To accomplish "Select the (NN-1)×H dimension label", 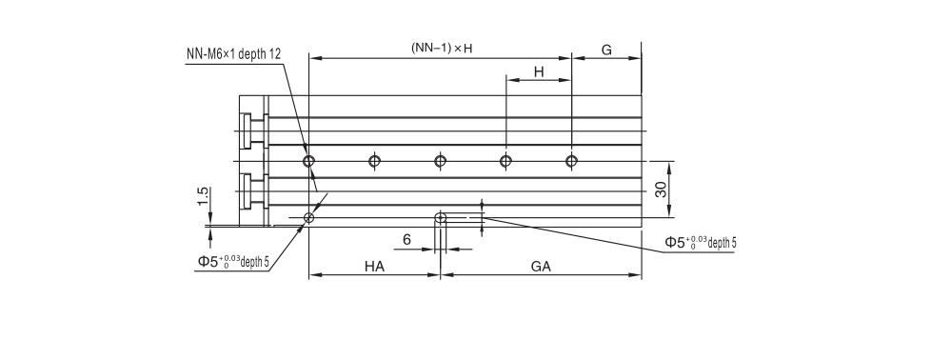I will point(442,47).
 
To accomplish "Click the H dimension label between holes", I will point(538,71).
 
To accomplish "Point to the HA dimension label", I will point(374,267).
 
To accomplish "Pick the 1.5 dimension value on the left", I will point(202,195).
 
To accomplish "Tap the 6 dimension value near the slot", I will point(406,239).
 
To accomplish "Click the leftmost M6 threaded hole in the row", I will point(308,160).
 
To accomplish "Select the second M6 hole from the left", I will point(374,160).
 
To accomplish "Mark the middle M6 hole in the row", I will point(440,160).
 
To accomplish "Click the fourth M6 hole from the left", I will point(505,160).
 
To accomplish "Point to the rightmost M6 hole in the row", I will point(571,160).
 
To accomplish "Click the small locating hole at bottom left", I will point(308,219).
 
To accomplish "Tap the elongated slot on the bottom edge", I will point(441,219).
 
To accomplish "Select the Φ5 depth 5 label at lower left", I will point(233,260).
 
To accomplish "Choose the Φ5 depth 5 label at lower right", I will point(701,242).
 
